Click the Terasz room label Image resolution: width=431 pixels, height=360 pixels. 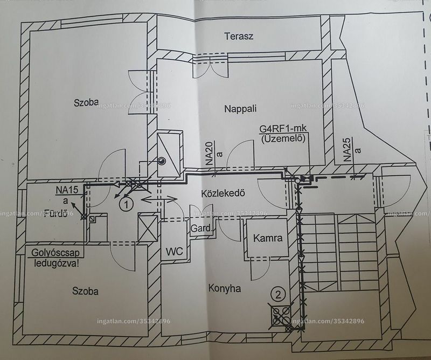point(239,36)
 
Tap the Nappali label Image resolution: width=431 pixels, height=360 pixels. point(240,109)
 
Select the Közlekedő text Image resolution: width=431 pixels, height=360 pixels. point(223,193)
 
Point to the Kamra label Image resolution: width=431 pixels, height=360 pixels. point(268,238)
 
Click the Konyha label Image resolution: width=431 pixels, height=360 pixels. point(225,288)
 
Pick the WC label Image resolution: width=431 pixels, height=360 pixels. point(174,251)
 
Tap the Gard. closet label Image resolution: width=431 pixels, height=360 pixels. point(201,228)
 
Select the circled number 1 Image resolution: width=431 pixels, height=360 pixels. point(127,205)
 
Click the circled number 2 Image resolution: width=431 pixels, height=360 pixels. point(278,295)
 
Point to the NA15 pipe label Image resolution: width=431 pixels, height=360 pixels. point(67,190)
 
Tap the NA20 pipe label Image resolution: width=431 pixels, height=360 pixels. point(210,153)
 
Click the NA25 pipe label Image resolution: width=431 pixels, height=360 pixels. point(347,150)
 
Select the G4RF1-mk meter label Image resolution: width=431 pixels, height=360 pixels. point(283,128)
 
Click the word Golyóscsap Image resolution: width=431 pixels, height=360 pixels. point(55,253)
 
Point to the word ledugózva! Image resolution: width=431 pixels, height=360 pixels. point(57,264)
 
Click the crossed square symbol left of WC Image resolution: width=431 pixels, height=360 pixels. point(148,228)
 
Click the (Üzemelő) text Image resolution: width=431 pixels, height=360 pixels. point(283,139)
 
